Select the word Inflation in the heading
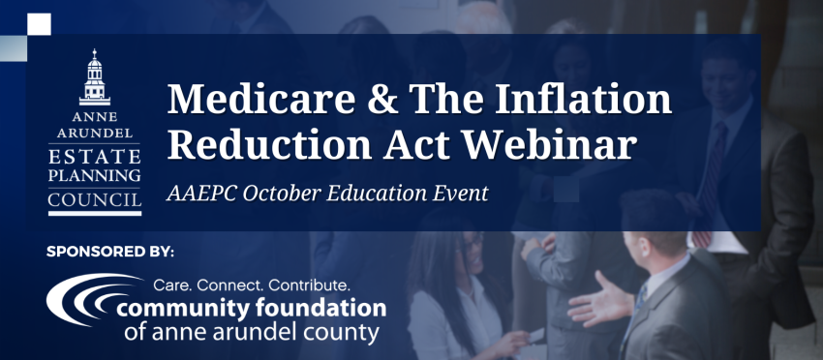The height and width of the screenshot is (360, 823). pyautogui.click(x=583, y=100)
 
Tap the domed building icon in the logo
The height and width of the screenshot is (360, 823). pyautogui.click(x=95, y=77)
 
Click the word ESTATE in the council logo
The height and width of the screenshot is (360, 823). pyautogui.click(x=95, y=157)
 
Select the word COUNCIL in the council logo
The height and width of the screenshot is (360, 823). pyautogui.click(x=95, y=200)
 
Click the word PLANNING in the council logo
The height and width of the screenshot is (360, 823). pyautogui.click(x=95, y=175)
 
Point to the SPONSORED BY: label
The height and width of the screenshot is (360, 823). pyautogui.click(x=109, y=252)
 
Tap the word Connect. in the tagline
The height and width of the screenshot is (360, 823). pyautogui.click(x=231, y=286)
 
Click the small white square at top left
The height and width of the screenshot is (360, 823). pyautogui.click(x=39, y=24)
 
